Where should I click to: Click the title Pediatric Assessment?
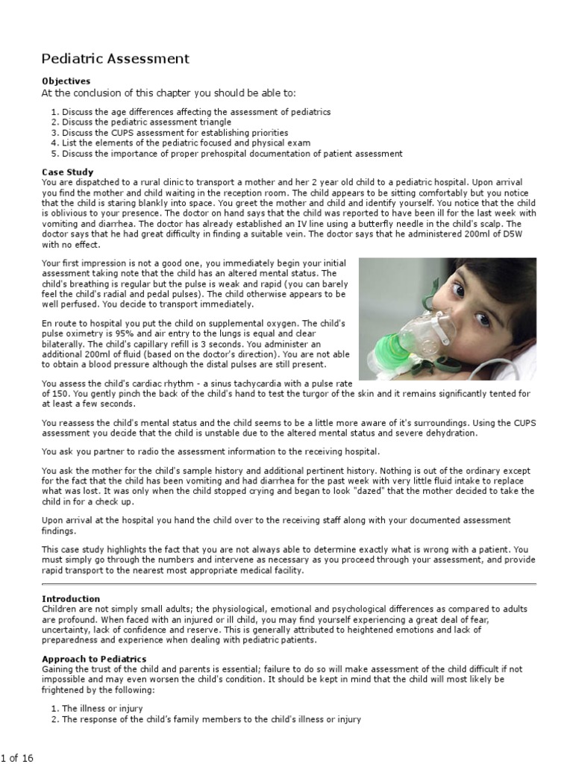[x=115, y=59]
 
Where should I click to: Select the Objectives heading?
[x=66, y=81]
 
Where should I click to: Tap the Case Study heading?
[x=67, y=172]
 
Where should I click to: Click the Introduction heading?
[x=71, y=598]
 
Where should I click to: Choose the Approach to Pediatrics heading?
[x=94, y=660]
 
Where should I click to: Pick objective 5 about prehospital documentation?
[x=232, y=154]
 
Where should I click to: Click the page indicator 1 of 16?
[x=17, y=758]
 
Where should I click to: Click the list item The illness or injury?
[x=102, y=708]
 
